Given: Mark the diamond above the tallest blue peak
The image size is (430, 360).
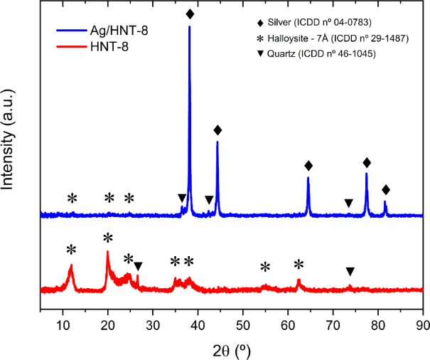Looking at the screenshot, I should point(190,14).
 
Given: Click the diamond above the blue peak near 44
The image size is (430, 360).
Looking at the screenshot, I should point(217,129).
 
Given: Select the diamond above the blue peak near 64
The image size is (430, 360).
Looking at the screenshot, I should point(308,166).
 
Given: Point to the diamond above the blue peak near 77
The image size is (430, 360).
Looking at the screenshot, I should point(367,162).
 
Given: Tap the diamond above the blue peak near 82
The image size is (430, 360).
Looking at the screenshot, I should point(386,189).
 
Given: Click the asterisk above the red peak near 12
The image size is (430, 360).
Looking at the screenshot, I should point(71,250).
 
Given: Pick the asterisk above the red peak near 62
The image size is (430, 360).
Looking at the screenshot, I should point(299,265).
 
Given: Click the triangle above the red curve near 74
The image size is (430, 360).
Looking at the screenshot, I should point(350,271).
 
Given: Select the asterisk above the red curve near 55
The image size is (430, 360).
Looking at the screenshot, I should point(265,268).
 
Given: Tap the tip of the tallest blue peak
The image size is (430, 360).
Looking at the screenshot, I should point(189,26).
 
